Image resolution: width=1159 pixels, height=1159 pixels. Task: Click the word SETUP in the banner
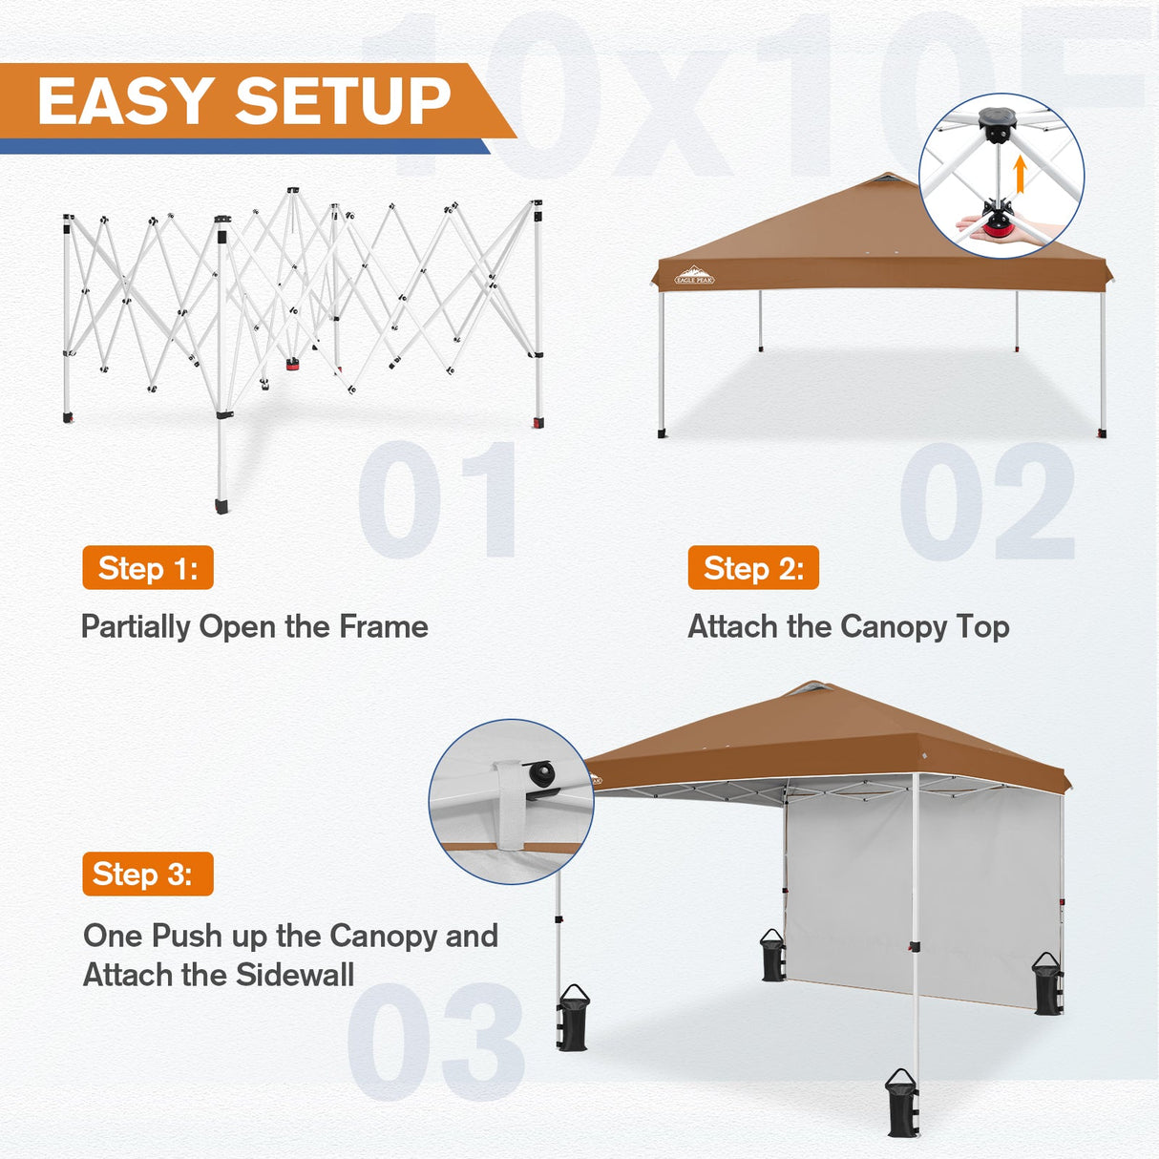(x=343, y=101)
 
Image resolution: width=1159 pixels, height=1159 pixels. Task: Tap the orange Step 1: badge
(x=148, y=568)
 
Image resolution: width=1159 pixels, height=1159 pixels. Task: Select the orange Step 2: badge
(x=753, y=568)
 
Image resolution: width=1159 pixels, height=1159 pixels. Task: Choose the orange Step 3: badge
(x=148, y=874)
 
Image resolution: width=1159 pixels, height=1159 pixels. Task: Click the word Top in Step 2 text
(x=982, y=626)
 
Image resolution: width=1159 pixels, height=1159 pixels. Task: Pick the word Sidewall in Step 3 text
(x=295, y=975)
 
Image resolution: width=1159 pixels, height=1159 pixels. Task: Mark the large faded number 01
(x=438, y=500)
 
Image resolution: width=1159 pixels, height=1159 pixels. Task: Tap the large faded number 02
(x=987, y=502)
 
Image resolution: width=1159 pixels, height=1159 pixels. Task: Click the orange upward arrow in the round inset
(x=1020, y=175)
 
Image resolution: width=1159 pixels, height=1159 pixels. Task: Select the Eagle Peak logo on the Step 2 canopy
(x=694, y=276)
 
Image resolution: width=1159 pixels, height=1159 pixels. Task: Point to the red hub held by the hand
(x=996, y=223)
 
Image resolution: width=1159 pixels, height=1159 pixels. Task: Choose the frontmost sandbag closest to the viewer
(x=901, y=1105)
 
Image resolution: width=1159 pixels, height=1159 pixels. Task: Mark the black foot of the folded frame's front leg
(x=222, y=504)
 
